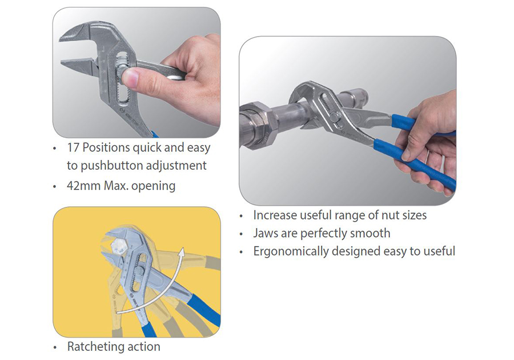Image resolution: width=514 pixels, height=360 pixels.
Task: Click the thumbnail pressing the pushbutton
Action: pyautogui.click(x=130, y=78)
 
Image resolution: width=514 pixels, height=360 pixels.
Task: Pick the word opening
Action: pyautogui.click(x=154, y=186)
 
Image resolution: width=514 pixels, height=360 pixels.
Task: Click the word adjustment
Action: pyautogui.click(x=176, y=166)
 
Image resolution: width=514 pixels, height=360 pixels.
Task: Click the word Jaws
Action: pyautogui.click(x=266, y=233)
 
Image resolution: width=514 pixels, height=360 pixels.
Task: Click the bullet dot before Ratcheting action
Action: pyautogui.click(x=55, y=347)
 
